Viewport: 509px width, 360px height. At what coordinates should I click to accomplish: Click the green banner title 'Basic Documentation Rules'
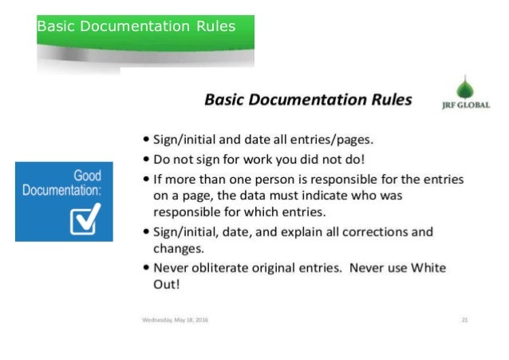pos(136,27)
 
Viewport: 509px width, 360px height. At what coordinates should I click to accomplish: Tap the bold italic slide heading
pos(308,101)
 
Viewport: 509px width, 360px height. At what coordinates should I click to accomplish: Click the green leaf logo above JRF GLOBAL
pos(464,86)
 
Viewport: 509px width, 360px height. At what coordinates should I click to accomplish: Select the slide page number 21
pos(464,321)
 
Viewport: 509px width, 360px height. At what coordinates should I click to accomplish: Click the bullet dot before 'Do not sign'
pos(148,157)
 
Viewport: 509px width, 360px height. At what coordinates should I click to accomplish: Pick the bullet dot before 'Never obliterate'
pos(148,268)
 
